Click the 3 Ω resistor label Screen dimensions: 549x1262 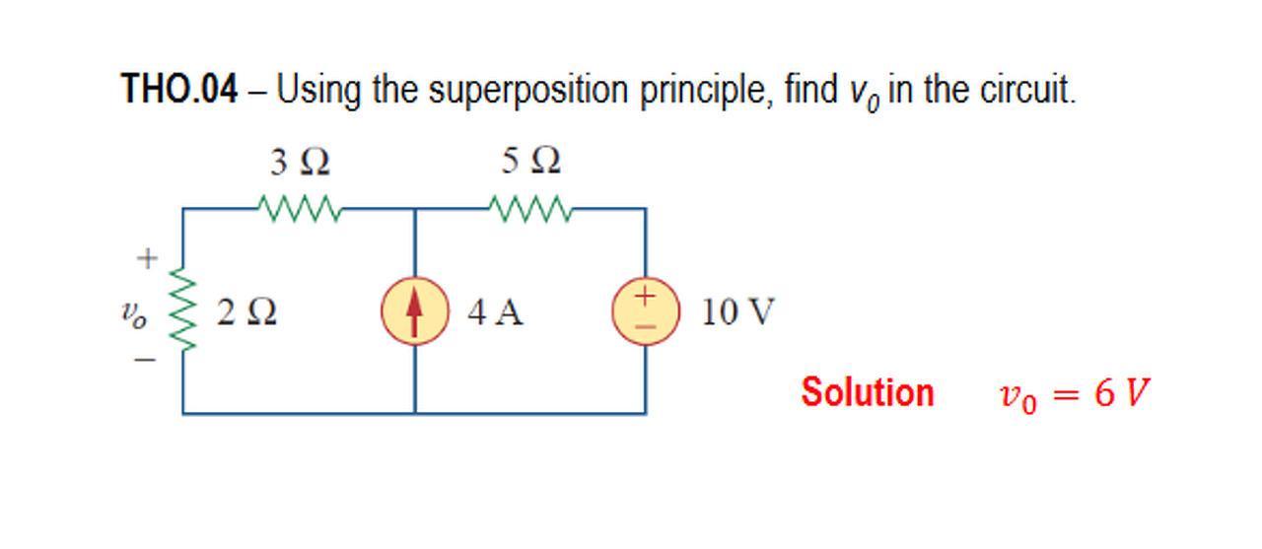[300, 162]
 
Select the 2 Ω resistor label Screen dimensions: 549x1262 [246, 312]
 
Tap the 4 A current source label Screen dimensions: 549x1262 [496, 312]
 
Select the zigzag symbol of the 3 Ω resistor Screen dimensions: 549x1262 [299, 208]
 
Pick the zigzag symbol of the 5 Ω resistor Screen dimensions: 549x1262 [529, 208]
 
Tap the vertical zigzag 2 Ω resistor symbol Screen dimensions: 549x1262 [181, 311]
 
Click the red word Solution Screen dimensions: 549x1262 [867, 392]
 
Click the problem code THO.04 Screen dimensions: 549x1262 [178, 91]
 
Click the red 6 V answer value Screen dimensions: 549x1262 [1121, 394]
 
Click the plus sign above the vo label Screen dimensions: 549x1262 [146, 259]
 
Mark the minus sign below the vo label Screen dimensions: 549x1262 [145, 361]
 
